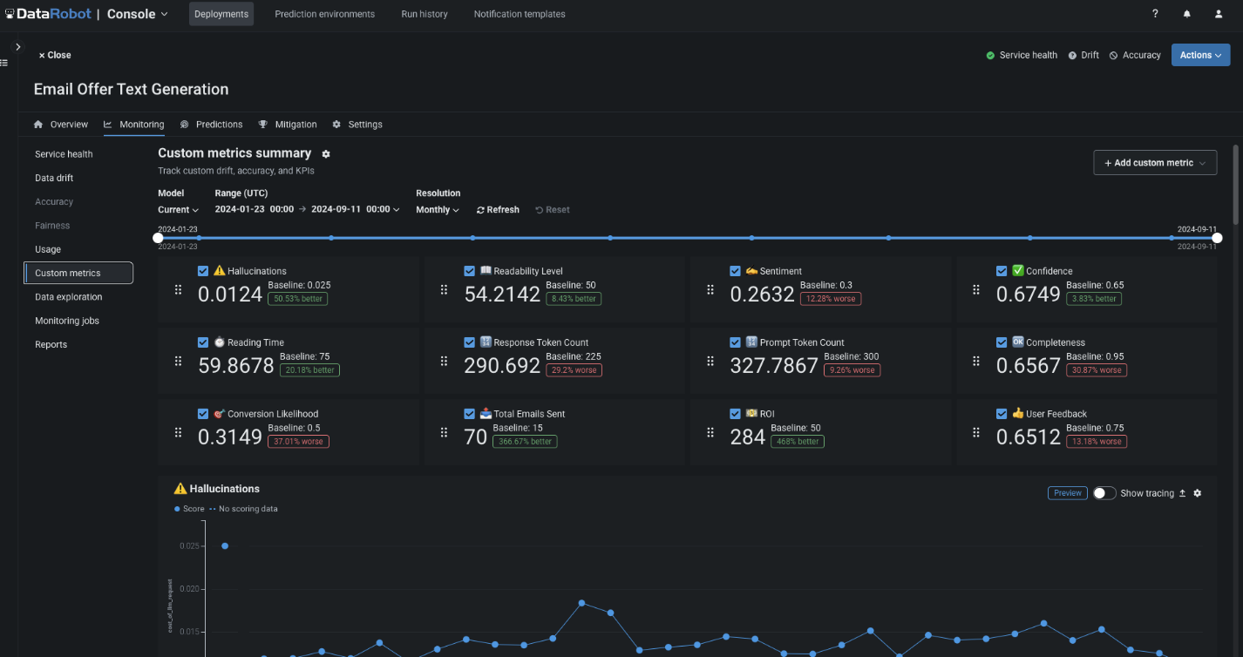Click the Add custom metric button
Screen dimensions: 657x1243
tap(1154, 163)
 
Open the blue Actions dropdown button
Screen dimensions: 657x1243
tap(1200, 55)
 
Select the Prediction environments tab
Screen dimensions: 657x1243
tap(324, 14)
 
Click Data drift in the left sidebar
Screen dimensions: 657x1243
tap(54, 178)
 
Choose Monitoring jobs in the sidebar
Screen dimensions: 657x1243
tap(67, 321)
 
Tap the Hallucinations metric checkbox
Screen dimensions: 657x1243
tap(203, 271)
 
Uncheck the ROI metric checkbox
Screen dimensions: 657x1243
tap(735, 414)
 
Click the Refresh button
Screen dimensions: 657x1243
tap(498, 210)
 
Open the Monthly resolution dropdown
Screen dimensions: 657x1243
tap(438, 210)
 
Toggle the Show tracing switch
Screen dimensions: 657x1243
tap(1104, 493)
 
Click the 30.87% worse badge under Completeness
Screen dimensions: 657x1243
tap(1097, 370)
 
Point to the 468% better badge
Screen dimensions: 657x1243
tap(797, 442)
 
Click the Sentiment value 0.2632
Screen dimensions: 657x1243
tap(762, 295)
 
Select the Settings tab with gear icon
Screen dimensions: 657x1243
tap(357, 125)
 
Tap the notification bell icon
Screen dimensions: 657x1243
tap(1186, 14)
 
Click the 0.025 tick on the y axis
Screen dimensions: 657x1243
tap(189, 546)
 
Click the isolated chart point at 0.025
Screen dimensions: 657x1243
tap(225, 546)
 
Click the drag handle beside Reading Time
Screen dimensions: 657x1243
tap(179, 362)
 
